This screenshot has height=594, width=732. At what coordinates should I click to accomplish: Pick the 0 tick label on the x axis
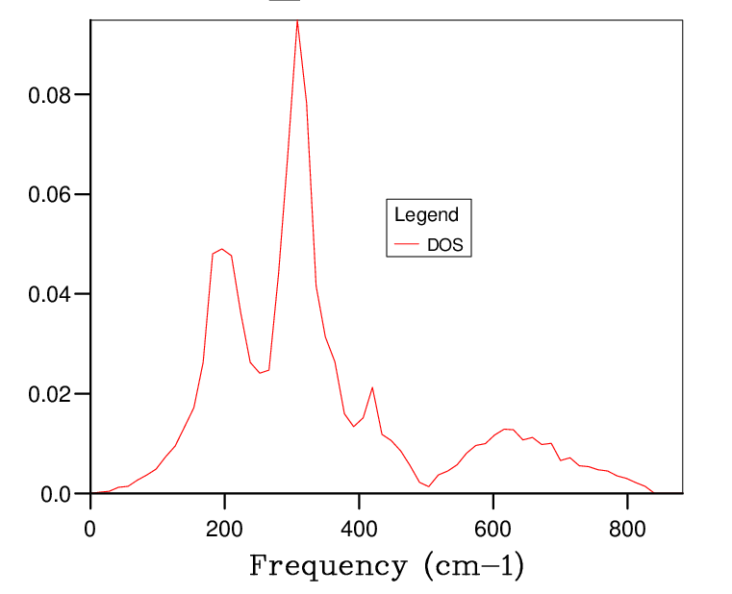point(90,528)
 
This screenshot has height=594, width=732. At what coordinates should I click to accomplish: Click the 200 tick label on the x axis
point(224,528)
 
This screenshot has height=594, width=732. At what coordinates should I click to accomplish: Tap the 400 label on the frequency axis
point(359,528)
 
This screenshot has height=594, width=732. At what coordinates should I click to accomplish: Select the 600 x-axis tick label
point(492,528)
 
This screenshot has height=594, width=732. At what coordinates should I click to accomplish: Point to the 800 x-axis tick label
point(627,528)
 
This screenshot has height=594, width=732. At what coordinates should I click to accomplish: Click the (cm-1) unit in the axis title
point(473,565)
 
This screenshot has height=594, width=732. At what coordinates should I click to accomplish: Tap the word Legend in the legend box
point(426,215)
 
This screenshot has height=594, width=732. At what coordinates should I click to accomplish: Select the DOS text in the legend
point(444,246)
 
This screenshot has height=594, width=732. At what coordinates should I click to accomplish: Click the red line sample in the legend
point(406,246)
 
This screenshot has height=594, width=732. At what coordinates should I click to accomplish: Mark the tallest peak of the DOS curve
point(297,20)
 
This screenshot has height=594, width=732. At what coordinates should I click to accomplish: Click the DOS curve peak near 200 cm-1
point(222,249)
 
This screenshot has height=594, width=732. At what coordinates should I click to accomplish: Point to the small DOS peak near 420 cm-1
point(372,387)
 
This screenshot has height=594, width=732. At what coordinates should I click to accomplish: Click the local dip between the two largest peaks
point(260,373)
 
